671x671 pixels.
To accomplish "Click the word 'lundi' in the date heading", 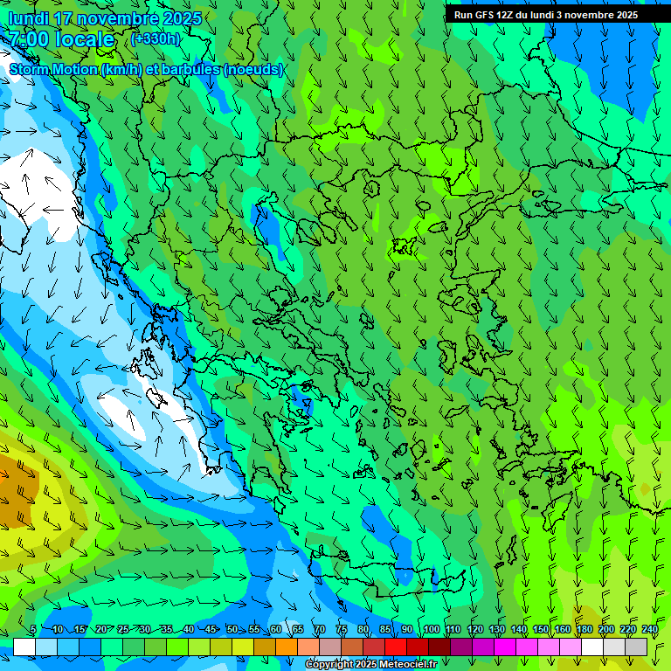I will pyautogui.click(x=27, y=18).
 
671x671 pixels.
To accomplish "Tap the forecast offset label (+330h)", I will pyautogui.click(x=155, y=39).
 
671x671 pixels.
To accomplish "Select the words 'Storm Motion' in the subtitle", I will pyautogui.click(x=53, y=69).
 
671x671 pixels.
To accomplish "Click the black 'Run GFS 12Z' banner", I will pyautogui.click(x=545, y=15).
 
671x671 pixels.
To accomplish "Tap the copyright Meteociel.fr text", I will pyautogui.click(x=370, y=665).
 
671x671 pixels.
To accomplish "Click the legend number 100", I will pyautogui.click(x=430, y=630).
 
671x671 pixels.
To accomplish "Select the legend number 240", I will pyautogui.click(x=649, y=630).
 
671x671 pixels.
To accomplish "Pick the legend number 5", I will pyautogui.click(x=33, y=630).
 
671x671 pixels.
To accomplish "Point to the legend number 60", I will pyautogui.click(x=275, y=630).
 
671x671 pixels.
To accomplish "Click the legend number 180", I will pyautogui.click(x=583, y=630).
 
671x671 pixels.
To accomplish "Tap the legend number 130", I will pyautogui.click(x=496, y=630).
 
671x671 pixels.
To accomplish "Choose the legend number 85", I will pyautogui.click(x=385, y=630).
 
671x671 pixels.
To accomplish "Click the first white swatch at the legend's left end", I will pyautogui.click(x=24, y=647).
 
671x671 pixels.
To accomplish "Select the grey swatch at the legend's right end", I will pyautogui.click(x=636, y=647).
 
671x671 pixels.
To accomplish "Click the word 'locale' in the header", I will pyautogui.click(x=84, y=39).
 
